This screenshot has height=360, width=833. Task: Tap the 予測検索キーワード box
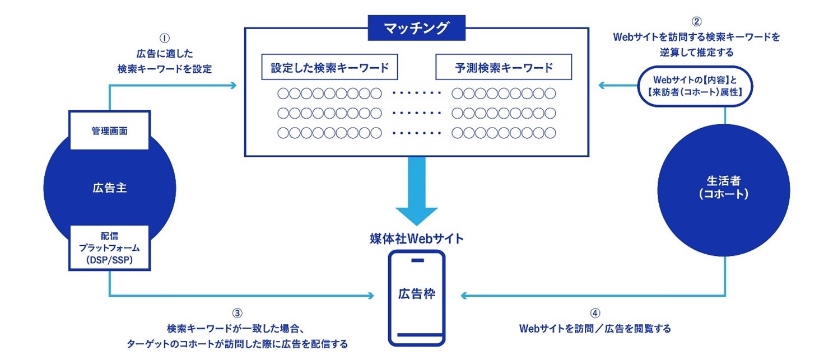tap(504, 68)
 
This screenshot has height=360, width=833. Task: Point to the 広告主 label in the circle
tap(110, 188)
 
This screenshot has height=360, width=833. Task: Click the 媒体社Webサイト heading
tap(416, 239)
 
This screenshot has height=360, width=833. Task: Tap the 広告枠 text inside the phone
tap(416, 294)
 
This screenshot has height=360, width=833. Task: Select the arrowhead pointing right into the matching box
tap(234, 86)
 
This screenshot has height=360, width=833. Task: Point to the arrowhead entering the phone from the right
tap(464, 294)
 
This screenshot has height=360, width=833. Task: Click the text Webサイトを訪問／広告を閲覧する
tap(595, 328)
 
